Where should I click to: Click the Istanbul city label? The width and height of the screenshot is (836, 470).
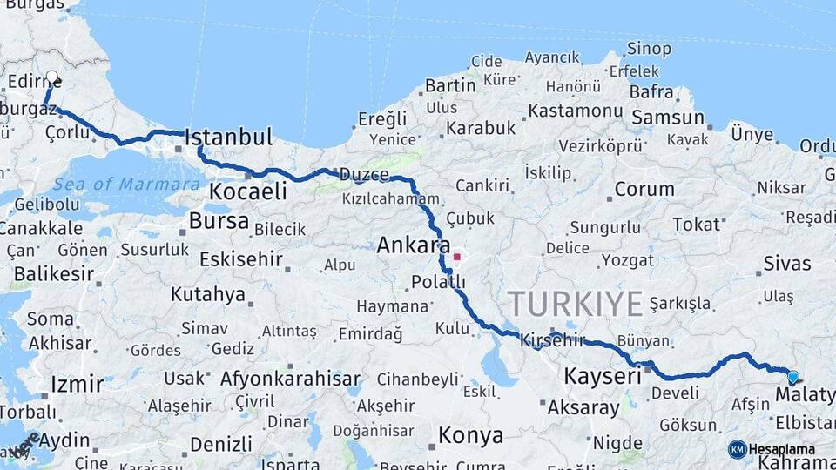(x=228, y=138)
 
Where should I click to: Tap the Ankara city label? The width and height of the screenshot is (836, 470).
(x=413, y=246)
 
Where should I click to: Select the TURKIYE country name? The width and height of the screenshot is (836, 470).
(x=576, y=304)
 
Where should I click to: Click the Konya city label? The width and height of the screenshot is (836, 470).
(x=470, y=435)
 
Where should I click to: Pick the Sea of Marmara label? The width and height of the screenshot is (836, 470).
(x=125, y=185)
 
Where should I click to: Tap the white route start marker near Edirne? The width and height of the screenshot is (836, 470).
(x=52, y=77)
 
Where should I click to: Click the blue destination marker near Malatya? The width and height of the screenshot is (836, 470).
(x=792, y=377)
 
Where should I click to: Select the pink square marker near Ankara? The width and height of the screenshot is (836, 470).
(x=456, y=257)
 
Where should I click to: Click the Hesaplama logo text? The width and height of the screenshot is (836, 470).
(x=781, y=450)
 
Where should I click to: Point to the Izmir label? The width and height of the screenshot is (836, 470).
(x=77, y=384)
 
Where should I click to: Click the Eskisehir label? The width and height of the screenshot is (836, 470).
(x=240, y=259)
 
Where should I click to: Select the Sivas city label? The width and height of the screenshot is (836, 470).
(x=786, y=264)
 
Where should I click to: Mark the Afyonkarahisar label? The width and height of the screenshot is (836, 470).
(x=290, y=379)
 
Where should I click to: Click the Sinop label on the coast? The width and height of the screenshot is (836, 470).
(x=649, y=49)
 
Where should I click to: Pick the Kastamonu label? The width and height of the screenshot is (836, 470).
(x=575, y=111)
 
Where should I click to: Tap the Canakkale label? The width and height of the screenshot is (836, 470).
(x=41, y=228)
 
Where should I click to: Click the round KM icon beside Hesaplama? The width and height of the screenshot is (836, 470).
(x=737, y=449)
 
